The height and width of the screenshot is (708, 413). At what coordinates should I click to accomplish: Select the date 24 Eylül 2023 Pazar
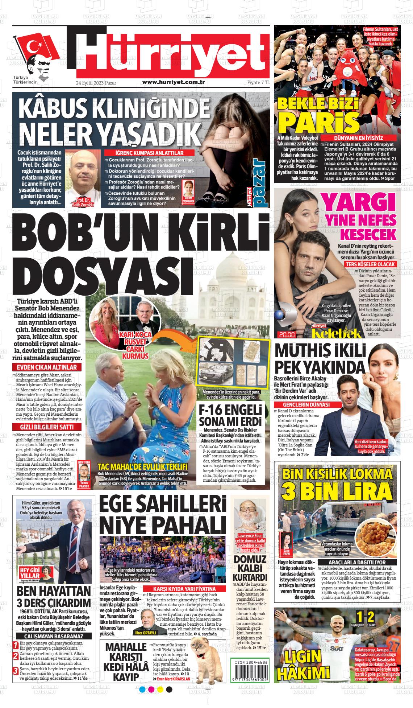(x=96, y=83)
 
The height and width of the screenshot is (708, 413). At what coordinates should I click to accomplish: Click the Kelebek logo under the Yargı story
(x=337, y=333)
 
